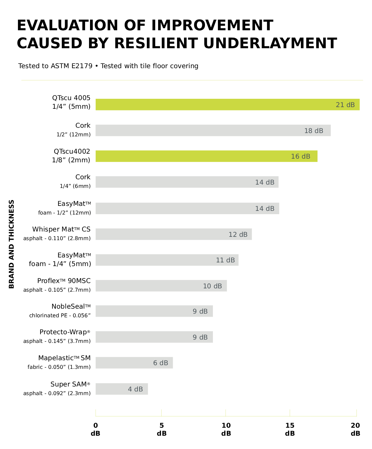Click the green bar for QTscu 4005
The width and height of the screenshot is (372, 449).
213,104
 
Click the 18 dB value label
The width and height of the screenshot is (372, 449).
314,131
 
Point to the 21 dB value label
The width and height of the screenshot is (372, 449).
345,105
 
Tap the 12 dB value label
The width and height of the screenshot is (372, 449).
238,234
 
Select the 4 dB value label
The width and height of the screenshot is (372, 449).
135,389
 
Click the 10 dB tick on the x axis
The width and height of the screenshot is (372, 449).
226,429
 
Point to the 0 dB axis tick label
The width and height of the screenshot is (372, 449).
96,429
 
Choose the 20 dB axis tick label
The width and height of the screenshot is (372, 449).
355,429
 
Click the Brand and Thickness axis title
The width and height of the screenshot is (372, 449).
12,244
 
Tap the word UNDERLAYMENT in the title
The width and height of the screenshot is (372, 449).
270,43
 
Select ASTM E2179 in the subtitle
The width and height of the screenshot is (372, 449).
71,66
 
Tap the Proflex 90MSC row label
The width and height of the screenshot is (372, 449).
64,281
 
